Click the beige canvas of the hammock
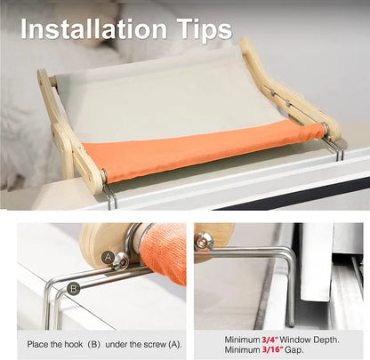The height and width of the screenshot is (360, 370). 169,98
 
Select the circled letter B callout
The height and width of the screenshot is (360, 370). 73,287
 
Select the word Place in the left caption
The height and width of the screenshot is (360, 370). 38,343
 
